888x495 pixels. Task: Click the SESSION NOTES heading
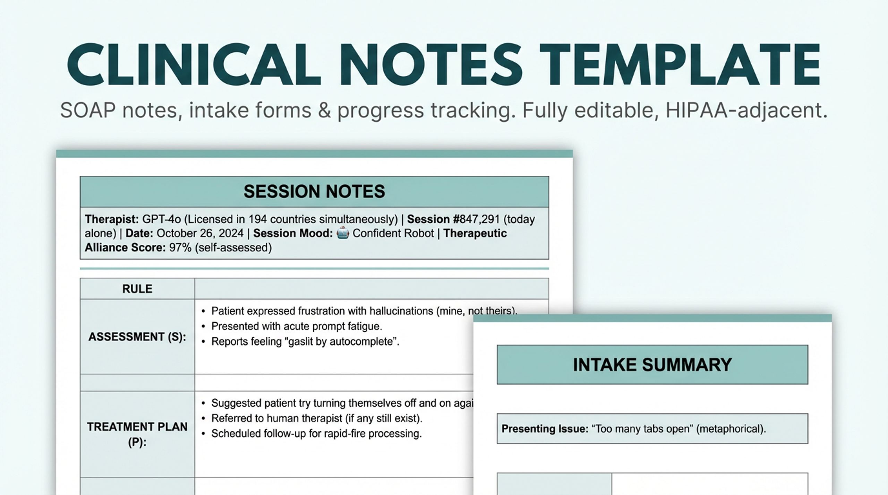coord(314,192)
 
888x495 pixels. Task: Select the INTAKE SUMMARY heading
coord(652,365)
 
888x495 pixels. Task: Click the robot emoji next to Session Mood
coord(343,233)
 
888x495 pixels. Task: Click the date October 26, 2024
coord(200,233)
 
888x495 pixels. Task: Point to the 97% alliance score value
coord(180,247)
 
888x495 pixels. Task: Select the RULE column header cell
coord(137,289)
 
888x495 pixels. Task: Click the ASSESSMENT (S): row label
coord(137,337)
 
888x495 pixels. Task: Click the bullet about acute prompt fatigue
coord(296,326)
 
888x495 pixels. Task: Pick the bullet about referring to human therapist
coord(316,418)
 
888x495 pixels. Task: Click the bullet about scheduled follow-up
coord(316,434)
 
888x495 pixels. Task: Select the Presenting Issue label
coord(545,429)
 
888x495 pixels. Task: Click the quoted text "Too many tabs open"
coord(642,429)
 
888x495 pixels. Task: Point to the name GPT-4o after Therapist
coord(161,219)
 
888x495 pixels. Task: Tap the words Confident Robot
coord(393,233)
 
